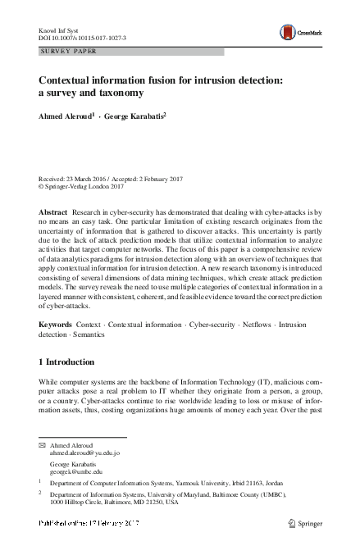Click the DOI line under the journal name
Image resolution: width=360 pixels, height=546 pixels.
[83, 37]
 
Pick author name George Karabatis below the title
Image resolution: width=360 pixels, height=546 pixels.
[134, 116]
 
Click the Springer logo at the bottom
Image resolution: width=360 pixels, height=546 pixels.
[305, 523]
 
